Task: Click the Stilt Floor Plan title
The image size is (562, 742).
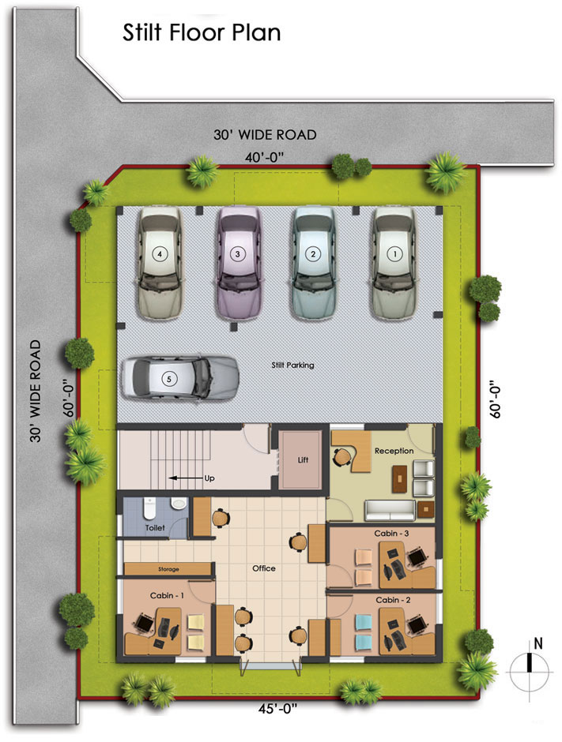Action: pyautogui.click(x=202, y=32)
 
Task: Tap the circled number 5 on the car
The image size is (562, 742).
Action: pyautogui.click(x=168, y=379)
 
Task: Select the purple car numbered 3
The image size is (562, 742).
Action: pyautogui.click(x=239, y=263)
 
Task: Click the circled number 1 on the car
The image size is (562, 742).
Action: pyautogui.click(x=394, y=254)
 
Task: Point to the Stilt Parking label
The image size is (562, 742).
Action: pyautogui.click(x=292, y=365)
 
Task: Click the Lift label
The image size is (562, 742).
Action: pyautogui.click(x=303, y=459)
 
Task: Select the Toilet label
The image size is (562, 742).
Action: pyautogui.click(x=155, y=527)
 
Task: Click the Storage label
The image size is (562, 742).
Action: pyautogui.click(x=168, y=569)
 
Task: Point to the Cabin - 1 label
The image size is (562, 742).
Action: pyautogui.click(x=167, y=595)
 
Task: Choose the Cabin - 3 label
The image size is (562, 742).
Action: pyautogui.click(x=391, y=534)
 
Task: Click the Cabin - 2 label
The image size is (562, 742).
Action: pyautogui.click(x=393, y=600)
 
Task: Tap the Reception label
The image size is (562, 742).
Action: pyautogui.click(x=394, y=451)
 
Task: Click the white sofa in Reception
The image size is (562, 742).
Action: pyautogui.click(x=390, y=510)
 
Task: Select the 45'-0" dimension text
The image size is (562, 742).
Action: pyautogui.click(x=277, y=708)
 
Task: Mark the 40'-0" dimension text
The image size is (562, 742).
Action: pyautogui.click(x=264, y=157)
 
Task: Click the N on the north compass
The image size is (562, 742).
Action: pyautogui.click(x=537, y=643)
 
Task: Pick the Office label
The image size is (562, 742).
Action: pyautogui.click(x=264, y=568)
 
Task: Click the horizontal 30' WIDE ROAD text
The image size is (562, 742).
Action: pyautogui.click(x=265, y=135)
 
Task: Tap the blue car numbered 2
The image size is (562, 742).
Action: pyautogui.click(x=313, y=263)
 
